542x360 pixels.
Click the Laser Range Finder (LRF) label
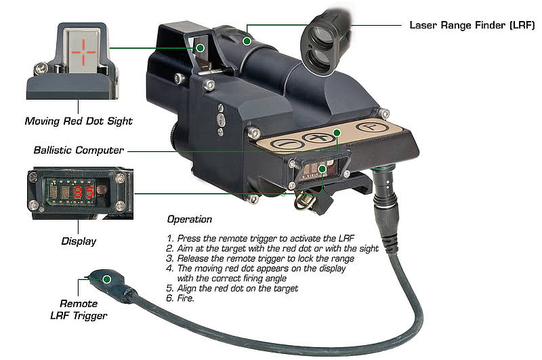click(472, 25)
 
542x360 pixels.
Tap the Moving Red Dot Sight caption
click(79, 121)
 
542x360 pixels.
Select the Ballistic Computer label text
click(79, 150)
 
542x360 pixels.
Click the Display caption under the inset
click(79, 241)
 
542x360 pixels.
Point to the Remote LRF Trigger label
click(79, 310)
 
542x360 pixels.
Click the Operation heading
click(190, 219)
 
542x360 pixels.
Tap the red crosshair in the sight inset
click(83, 52)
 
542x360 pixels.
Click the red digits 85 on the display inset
click(83, 192)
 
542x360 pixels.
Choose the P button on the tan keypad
click(370, 127)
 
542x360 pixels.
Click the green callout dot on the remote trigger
click(107, 279)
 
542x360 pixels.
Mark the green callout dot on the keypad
click(337, 132)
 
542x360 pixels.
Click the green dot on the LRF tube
click(247, 41)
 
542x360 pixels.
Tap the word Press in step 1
click(189, 238)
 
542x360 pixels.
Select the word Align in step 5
click(187, 288)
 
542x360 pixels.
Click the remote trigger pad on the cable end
click(110, 283)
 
